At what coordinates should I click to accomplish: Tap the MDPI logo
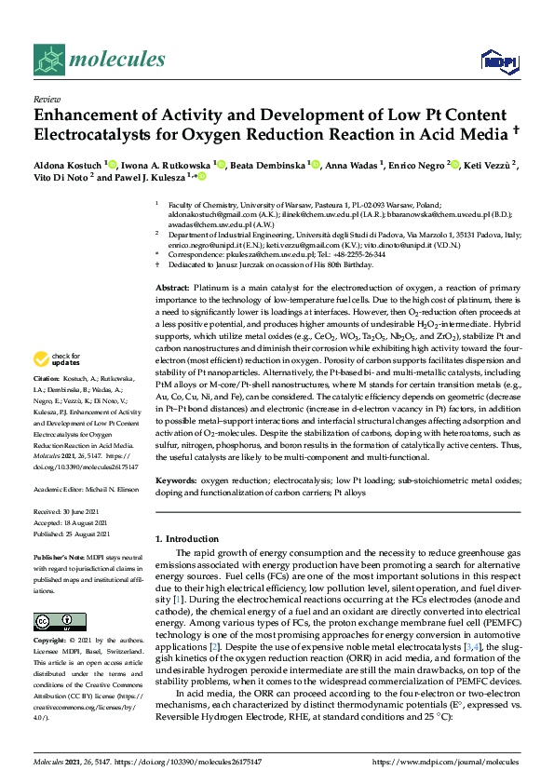(x=498, y=61)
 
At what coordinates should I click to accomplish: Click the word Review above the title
(x=46, y=98)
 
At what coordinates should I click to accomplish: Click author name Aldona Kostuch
(x=68, y=164)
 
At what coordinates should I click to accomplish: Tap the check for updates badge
(x=57, y=358)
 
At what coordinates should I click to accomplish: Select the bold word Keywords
(x=176, y=481)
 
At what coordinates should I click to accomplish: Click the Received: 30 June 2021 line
(x=66, y=511)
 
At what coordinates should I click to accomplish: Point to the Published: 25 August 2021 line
(x=72, y=534)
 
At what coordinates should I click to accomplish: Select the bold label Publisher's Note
(x=58, y=555)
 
